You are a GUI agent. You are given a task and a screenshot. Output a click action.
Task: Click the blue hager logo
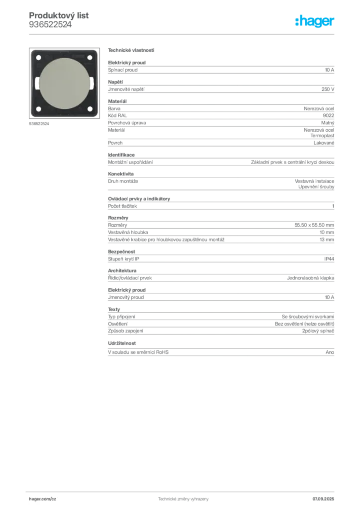click(316, 22)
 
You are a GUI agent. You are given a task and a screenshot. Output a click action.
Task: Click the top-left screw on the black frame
click(38, 58)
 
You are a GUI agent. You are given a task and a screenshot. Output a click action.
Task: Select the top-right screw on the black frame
click(90, 58)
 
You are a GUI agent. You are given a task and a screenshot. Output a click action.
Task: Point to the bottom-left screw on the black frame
click(38, 108)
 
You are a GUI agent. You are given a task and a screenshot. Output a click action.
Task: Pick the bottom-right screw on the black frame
click(90, 108)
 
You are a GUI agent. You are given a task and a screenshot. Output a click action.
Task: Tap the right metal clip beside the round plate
click(90, 83)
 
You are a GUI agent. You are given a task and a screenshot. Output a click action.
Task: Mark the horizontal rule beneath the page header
click(182, 34)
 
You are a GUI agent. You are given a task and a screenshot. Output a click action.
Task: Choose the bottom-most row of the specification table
click(220, 352)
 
